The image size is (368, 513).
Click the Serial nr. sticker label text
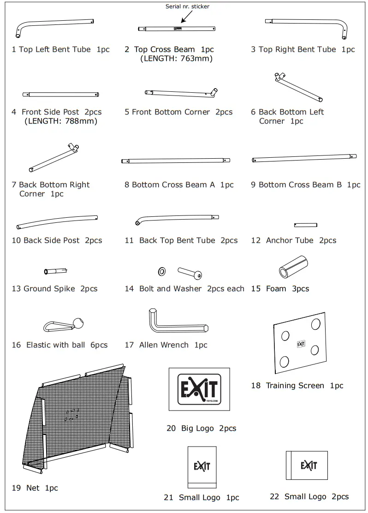click(187, 6)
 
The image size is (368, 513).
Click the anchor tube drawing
click(305, 225)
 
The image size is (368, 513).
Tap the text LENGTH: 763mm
click(176, 59)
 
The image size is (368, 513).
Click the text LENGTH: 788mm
click(61, 121)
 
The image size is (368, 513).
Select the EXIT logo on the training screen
click(301, 344)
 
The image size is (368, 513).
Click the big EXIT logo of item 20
click(199, 389)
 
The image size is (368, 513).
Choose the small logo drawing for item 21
click(202, 466)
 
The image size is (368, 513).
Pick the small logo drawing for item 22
click(307, 465)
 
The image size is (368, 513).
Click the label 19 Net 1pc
click(35, 488)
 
